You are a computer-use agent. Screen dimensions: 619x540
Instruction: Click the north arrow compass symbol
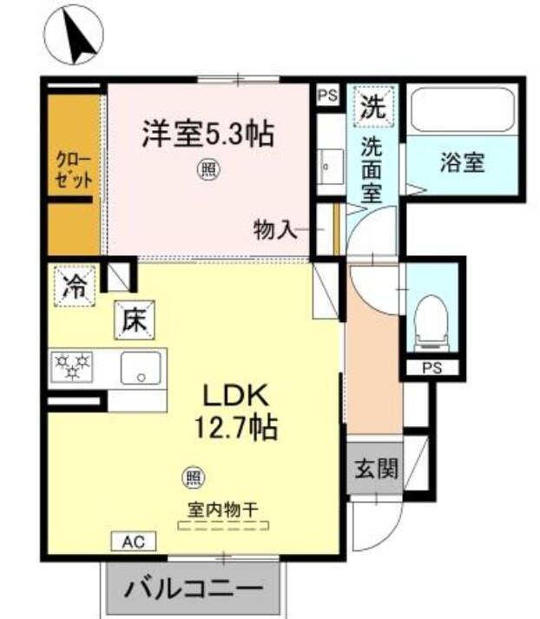[74, 36]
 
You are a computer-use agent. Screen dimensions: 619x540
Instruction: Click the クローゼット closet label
[74, 164]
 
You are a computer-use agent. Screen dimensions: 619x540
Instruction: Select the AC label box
[133, 541]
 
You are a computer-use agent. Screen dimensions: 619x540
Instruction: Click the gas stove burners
[76, 368]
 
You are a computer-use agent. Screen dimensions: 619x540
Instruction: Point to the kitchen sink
[139, 368]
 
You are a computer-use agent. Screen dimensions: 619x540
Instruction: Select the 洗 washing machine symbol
[374, 107]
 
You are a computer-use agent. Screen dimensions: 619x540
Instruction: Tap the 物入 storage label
[275, 230]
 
